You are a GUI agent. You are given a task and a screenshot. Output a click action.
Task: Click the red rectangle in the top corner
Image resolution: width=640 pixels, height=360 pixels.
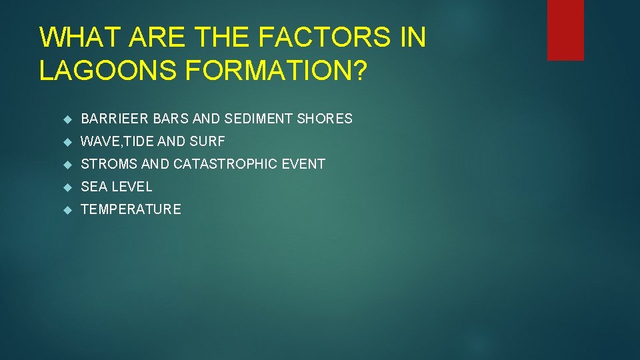(565, 30)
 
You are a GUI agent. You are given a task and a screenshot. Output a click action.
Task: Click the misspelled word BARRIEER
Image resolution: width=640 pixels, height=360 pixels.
(115, 119)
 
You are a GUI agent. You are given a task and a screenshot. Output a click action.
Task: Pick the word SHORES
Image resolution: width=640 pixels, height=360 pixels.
(325, 119)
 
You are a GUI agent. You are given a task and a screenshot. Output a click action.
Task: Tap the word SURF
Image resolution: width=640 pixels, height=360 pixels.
(208, 141)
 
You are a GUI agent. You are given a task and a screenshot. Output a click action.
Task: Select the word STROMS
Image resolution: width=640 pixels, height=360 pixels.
(109, 164)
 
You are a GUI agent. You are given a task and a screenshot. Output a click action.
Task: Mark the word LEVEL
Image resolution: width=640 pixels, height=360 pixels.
(131, 187)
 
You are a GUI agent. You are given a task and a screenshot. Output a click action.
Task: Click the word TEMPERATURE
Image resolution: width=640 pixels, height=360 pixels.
(131, 209)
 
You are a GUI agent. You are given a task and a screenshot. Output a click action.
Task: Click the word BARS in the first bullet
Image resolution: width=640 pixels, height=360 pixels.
(171, 119)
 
